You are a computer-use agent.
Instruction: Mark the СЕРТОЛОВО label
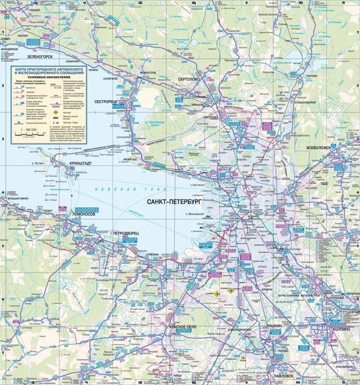[188, 80]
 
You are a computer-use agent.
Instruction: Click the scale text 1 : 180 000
[29, 129]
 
